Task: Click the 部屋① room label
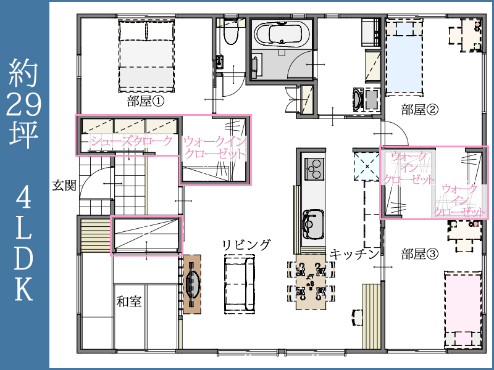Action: [146, 102]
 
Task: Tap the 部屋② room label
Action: [419, 110]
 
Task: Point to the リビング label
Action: [246, 245]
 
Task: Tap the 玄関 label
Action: [64, 185]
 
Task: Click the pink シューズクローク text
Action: [132, 141]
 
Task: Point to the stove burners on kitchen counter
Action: [314, 166]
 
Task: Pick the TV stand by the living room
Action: [192, 284]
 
